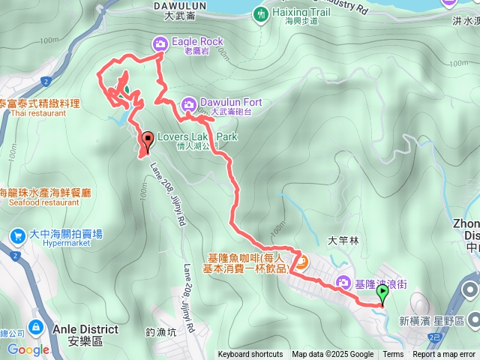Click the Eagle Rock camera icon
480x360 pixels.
160,43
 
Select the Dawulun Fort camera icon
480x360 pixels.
189,103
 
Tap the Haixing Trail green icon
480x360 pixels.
260,13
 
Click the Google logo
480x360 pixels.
28,349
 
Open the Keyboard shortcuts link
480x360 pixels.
250,355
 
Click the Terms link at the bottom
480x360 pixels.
393,355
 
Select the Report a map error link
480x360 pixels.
445,355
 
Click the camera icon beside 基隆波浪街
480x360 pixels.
343,283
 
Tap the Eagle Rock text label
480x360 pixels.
197,42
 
